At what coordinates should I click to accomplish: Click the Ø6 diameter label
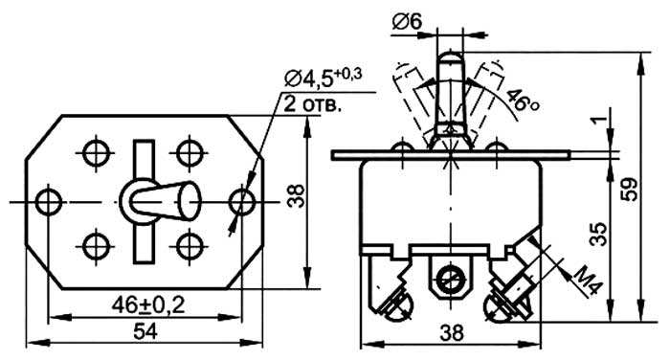click(407, 22)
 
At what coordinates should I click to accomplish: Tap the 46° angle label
click(522, 101)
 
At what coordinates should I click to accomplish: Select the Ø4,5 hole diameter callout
click(324, 79)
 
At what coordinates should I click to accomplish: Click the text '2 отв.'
click(313, 104)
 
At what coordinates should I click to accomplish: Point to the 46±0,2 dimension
click(148, 305)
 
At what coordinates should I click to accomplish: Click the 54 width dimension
click(145, 332)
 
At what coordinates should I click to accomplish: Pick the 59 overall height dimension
click(630, 189)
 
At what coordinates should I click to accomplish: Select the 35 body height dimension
click(599, 234)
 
